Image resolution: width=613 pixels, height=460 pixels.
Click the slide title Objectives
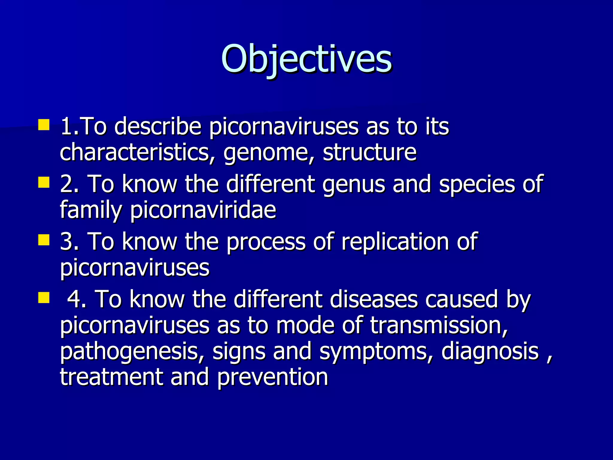(x=306, y=59)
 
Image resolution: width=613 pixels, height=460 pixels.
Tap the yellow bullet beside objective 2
(x=44, y=182)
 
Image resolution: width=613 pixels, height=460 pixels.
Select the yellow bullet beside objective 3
(x=44, y=240)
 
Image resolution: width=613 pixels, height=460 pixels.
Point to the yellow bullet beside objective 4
(x=44, y=298)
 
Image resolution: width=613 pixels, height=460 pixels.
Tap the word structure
(x=370, y=152)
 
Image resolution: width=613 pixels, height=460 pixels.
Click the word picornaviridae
(x=203, y=210)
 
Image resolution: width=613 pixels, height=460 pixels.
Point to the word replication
(x=395, y=241)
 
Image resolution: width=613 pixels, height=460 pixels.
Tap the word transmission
(x=439, y=326)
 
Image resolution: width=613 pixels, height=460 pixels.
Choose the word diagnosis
(x=490, y=352)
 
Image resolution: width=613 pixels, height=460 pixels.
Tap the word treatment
(x=111, y=377)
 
